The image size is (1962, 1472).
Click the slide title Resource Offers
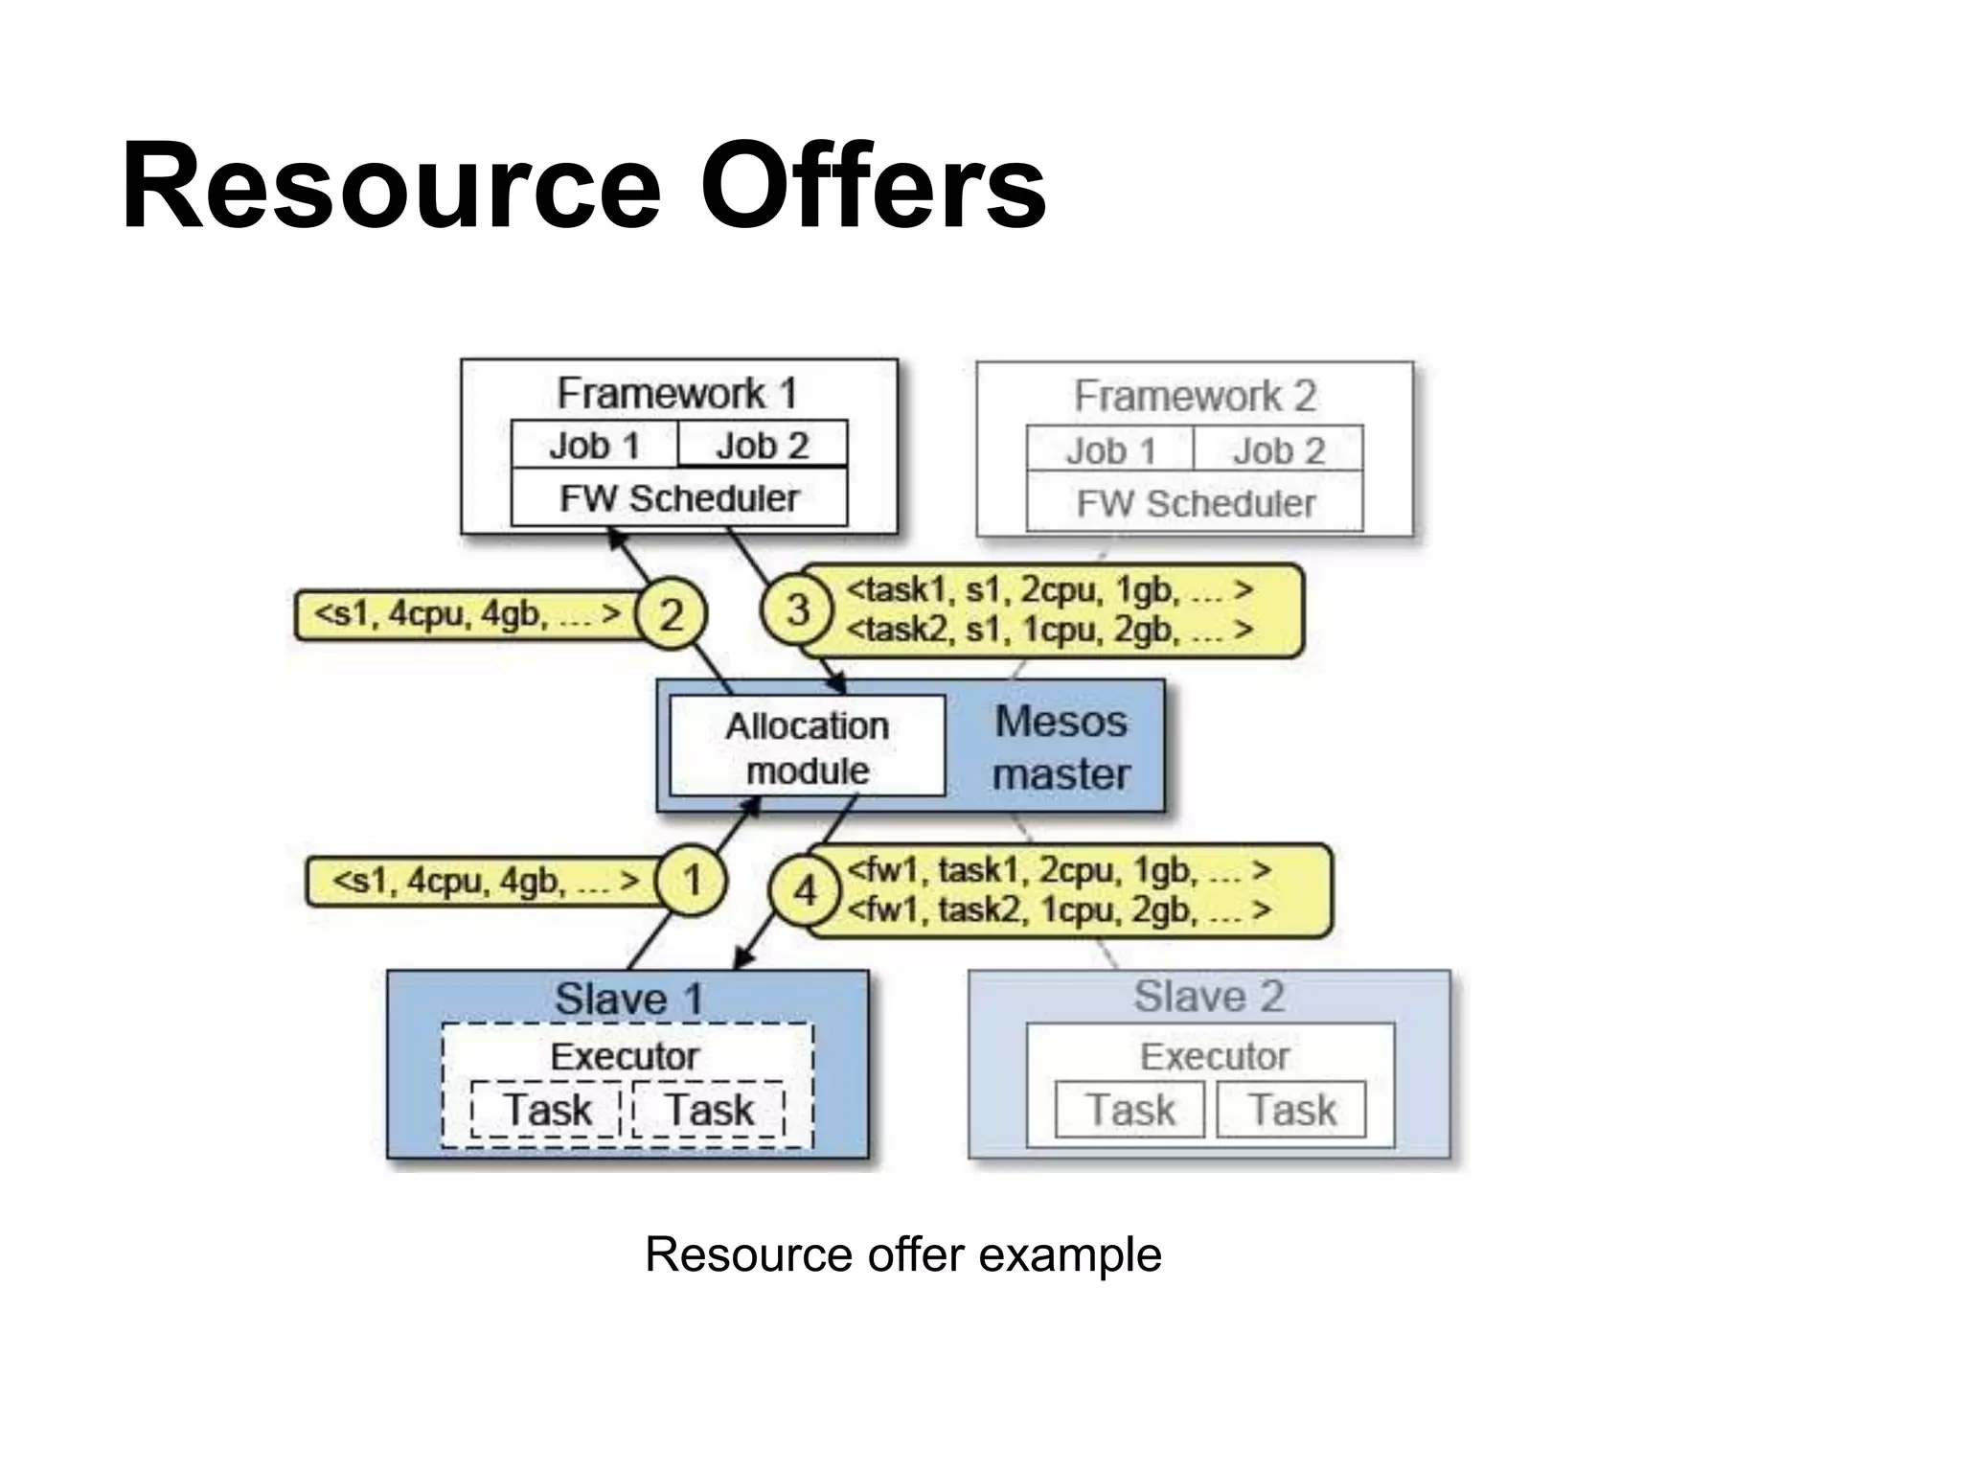583,186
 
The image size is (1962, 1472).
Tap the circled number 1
691,881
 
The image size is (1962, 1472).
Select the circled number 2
671,614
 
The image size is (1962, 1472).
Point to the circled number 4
805,891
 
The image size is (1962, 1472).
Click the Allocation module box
807,747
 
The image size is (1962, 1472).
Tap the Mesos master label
1061,747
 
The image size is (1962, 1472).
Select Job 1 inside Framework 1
594,446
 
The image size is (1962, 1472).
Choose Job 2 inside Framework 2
1278,450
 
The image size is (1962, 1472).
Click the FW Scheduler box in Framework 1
678,498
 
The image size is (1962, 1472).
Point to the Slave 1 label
628,1000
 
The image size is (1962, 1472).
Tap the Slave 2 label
1209,997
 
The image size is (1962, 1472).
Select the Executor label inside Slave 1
625,1056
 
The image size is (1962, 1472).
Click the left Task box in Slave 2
1129,1110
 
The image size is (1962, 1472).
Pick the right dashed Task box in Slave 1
709,1110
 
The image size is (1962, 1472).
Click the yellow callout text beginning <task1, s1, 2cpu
1049,590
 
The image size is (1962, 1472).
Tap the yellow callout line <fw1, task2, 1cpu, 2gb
1059,909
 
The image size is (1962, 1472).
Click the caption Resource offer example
902,1254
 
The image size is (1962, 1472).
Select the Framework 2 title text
1195,396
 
